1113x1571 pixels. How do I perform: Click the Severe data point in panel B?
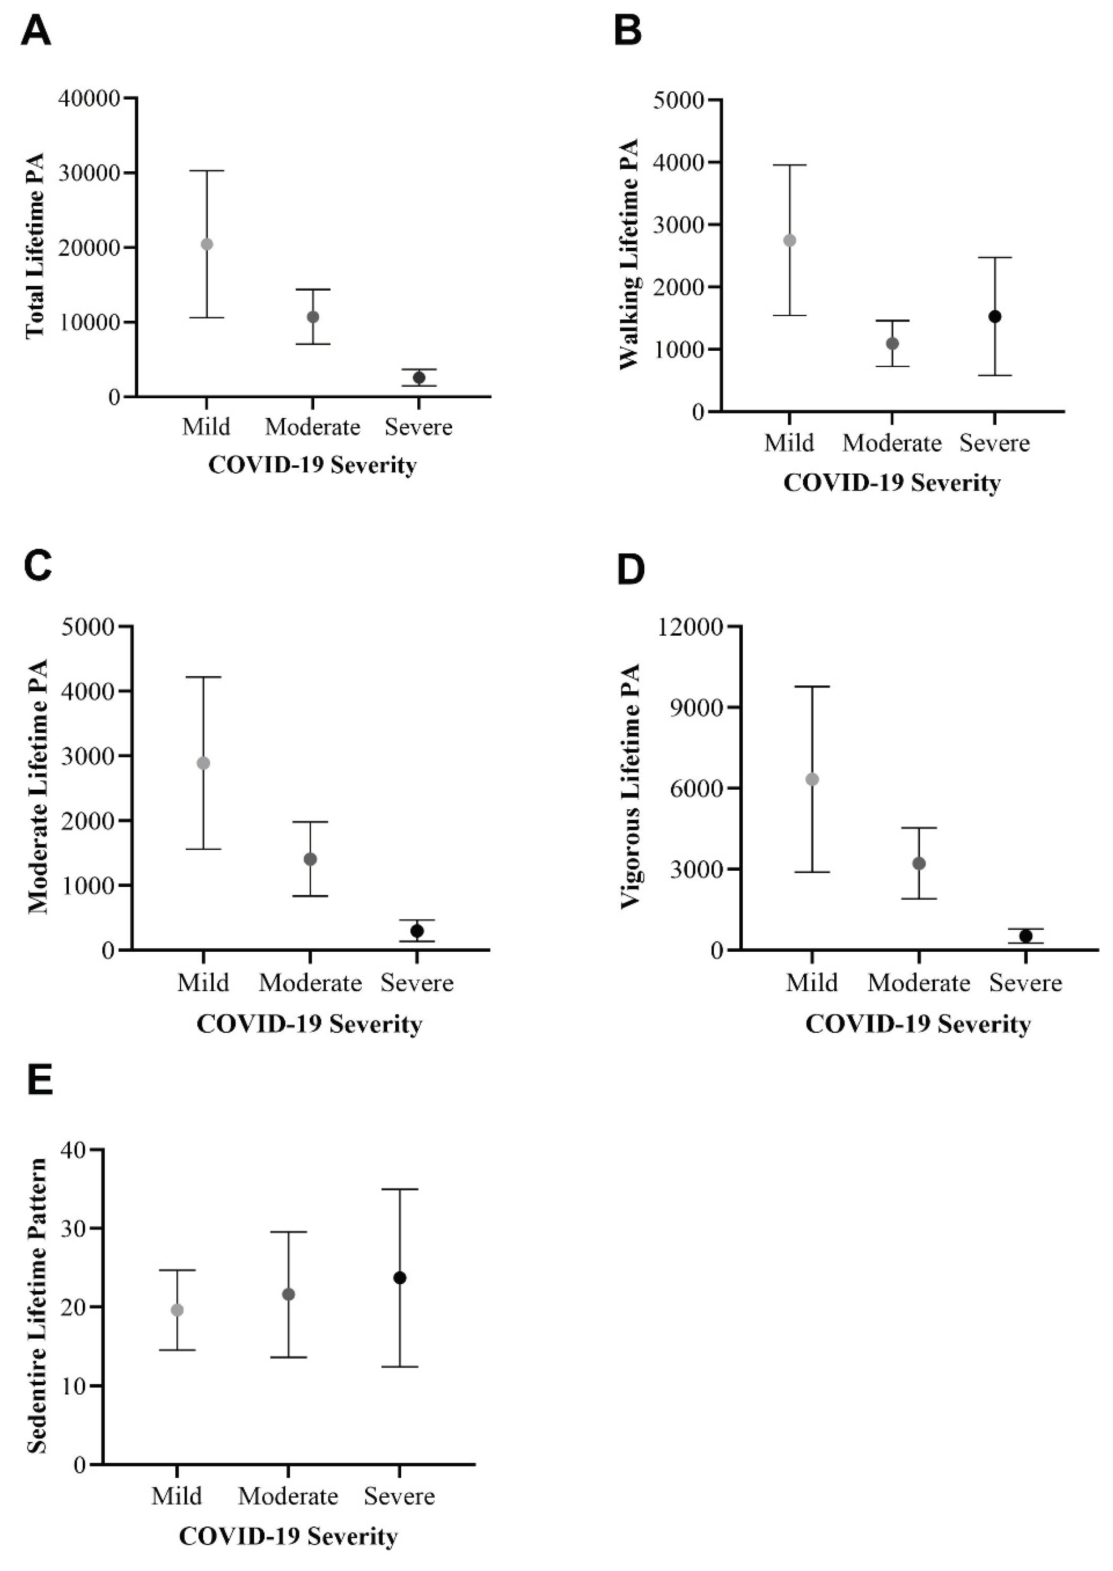[994, 316]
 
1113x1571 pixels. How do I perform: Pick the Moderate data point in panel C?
[310, 859]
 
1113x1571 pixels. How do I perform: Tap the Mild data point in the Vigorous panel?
[812, 779]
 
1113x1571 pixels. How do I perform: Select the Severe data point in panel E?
[400, 1278]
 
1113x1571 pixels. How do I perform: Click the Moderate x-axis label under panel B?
[892, 443]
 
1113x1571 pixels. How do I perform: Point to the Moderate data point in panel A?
[313, 316]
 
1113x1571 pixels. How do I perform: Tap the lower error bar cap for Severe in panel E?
[400, 1367]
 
